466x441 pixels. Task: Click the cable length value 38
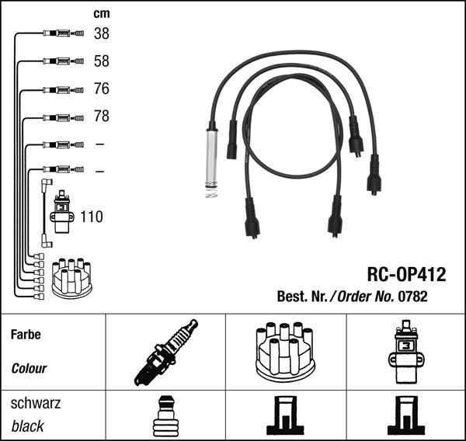point(101,33)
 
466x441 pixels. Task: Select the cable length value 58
point(101,61)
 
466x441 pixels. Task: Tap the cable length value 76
point(101,89)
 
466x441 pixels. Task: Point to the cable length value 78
point(101,116)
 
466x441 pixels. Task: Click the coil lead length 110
point(91,217)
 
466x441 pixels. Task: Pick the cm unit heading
point(101,13)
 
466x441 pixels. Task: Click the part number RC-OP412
point(405,274)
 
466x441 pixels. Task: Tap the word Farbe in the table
point(26,335)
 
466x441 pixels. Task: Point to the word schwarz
point(36,404)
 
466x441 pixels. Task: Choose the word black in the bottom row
point(28,426)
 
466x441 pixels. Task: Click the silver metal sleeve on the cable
point(210,155)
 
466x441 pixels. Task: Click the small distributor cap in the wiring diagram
point(71,278)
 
